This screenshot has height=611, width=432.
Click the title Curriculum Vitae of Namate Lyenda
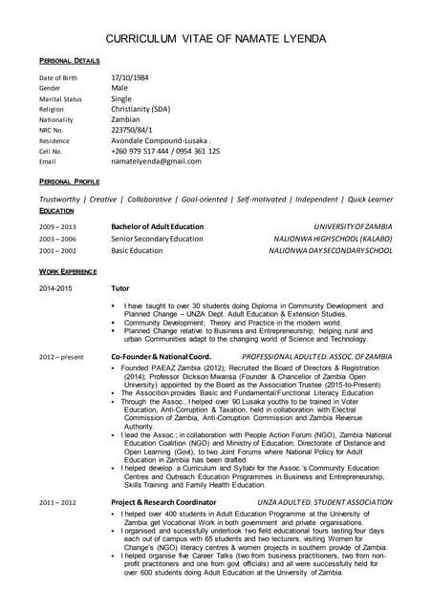[215, 38]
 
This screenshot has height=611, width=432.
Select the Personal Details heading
[70, 59]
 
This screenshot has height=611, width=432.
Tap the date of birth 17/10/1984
[131, 76]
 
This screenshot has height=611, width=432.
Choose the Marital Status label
[60, 98]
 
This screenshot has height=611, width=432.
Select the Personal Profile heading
[70, 180]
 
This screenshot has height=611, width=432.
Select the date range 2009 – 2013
[57, 226]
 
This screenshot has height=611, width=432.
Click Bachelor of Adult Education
[157, 226]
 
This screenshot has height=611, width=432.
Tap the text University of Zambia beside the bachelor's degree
[352, 226]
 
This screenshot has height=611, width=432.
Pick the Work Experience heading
[72, 272]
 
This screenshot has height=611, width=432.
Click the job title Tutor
[120, 287]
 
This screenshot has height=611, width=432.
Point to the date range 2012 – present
[61, 356]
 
